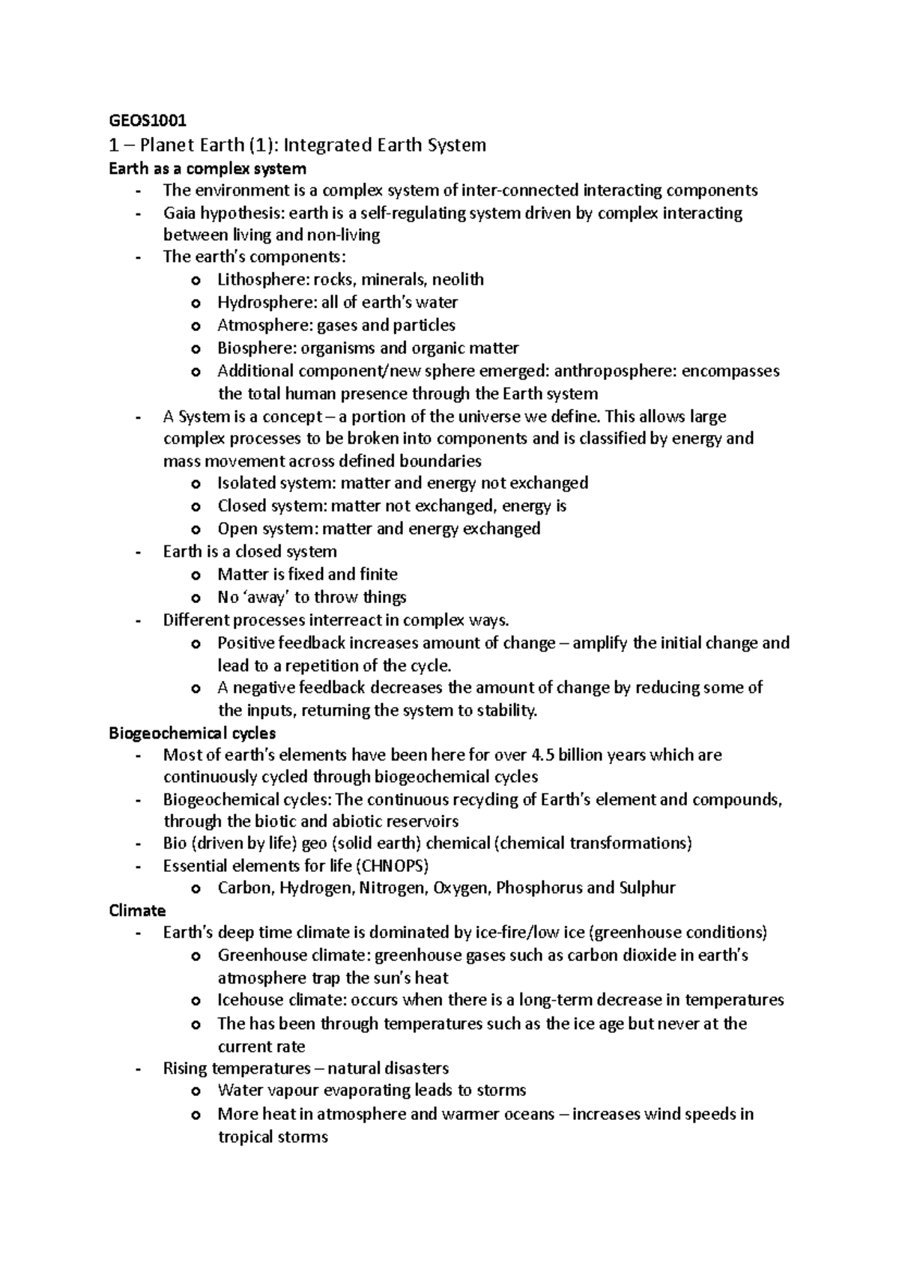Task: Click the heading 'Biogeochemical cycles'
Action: tap(193, 733)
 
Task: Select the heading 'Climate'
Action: tap(137, 911)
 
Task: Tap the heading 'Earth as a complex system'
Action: tap(208, 169)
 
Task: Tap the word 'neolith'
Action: tap(458, 280)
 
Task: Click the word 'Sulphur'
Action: tap(647, 888)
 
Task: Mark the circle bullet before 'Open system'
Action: tap(196, 530)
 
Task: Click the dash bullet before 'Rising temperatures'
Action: tap(137, 1069)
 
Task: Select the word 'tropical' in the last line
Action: tap(245, 1137)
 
